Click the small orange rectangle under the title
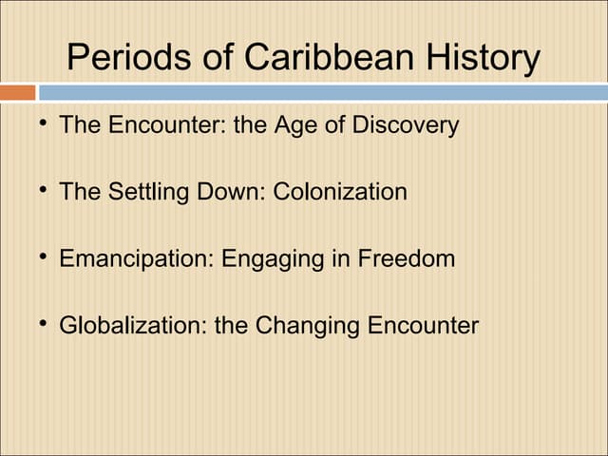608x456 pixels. pos(18,93)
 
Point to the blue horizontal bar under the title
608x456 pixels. pos(322,93)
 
